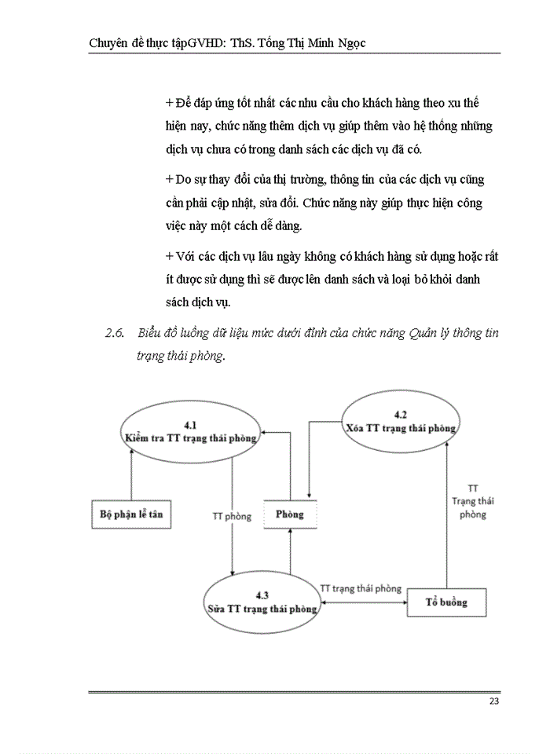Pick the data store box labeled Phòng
(x=289, y=514)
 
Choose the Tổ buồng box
(x=446, y=602)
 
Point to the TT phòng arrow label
(x=232, y=516)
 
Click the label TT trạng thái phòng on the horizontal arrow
(x=361, y=588)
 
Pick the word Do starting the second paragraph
(x=183, y=181)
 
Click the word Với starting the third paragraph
(x=185, y=256)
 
